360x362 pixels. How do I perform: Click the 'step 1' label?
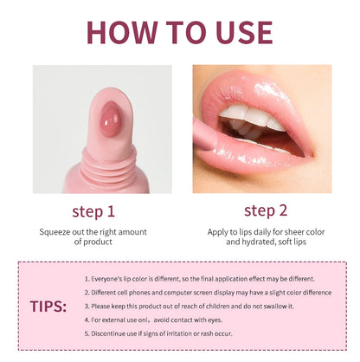pos(93,210)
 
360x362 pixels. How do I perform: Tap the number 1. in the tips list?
pos(88,279)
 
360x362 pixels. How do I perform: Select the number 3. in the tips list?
pos(88,306)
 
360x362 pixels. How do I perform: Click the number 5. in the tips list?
pos(88,333)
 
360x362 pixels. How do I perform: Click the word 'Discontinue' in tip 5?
pos(112,333)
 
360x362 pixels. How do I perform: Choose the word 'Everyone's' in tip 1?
pos(111,279)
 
